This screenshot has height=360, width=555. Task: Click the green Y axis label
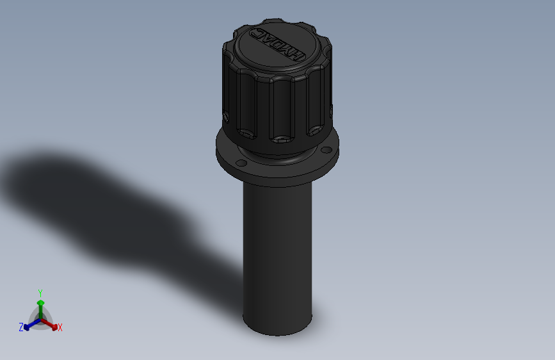tap(40, 292)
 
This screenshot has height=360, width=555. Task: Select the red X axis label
tap(60, 328)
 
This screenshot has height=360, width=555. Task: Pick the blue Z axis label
tap(21, 327)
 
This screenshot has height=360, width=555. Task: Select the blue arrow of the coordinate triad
tap(28, 325)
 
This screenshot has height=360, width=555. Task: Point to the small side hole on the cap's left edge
tap(227, 117)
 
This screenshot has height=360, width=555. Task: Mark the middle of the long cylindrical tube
tap(277, 253)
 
